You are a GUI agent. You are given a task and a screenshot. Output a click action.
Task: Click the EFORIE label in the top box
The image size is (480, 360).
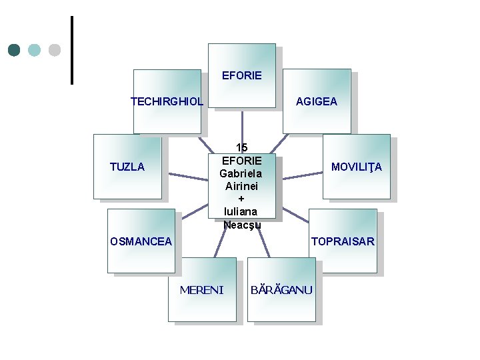241,75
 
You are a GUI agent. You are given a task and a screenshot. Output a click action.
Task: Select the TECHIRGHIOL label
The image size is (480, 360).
167,101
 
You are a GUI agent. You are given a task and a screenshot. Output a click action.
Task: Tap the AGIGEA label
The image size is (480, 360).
316,101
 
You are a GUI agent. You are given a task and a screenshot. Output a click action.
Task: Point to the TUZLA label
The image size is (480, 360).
127,167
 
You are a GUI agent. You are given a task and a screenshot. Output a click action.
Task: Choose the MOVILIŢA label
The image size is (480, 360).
357,167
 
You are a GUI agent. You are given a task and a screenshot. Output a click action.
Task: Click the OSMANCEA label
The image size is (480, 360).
141,241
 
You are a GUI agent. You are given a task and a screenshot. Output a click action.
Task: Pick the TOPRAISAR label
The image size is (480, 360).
343,241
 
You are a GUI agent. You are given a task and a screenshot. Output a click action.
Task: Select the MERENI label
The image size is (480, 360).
202,289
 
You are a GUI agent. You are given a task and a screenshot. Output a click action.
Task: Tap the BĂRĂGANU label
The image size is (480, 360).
281,289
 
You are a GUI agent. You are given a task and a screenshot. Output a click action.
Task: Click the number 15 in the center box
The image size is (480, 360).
241,147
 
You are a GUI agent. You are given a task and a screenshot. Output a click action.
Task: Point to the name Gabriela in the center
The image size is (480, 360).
241,173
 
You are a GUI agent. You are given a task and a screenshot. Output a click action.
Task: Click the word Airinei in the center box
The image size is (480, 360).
241,186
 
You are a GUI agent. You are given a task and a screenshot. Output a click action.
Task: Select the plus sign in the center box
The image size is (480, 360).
241,199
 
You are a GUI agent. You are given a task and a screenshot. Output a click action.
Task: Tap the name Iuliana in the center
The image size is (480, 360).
241,211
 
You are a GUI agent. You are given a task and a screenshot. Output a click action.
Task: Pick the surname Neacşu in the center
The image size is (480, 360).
241,225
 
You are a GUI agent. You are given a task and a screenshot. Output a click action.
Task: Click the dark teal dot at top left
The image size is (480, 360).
15,50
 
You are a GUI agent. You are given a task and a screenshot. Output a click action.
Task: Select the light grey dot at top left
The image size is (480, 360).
55,50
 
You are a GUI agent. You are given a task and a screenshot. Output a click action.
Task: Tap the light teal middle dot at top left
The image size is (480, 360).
35,50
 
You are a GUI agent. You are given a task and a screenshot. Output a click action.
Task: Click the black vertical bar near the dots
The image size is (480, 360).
71,50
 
